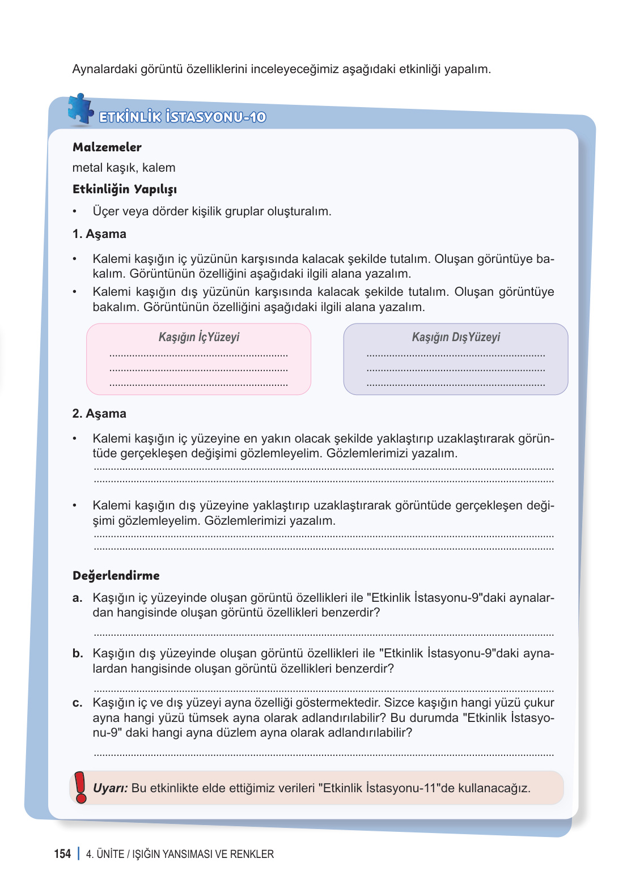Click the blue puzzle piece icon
point(80,109)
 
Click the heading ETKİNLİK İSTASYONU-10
point(183,117)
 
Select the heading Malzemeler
point(107,147)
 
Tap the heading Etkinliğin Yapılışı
point(125,189)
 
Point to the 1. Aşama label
point(99,234)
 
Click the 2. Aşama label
point(99,414)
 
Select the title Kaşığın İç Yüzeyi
point(199,337)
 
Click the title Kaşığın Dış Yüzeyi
point(456,337)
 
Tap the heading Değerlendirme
point(116,576)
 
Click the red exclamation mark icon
point(81,787)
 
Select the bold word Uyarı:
point(111,788)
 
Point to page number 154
point(62,854)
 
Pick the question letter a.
point(77,598)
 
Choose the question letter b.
point(77,653)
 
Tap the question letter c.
point(77,703)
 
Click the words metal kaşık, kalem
point(124,168)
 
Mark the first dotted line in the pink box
point(198,356)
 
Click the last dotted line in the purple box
point(456,385)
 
